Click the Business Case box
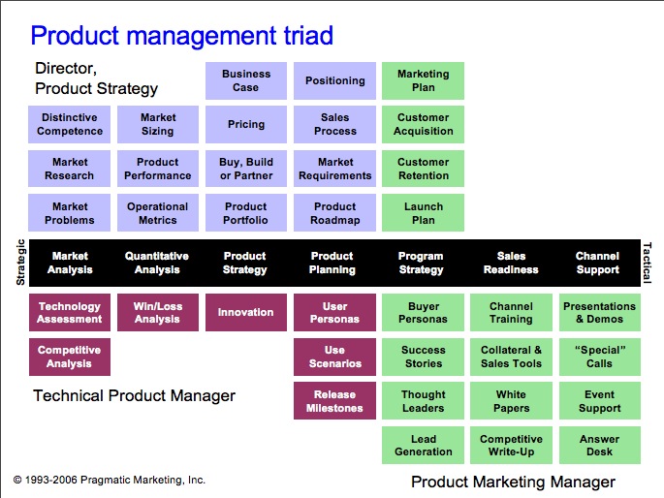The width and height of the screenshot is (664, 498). click(x=246, y=80)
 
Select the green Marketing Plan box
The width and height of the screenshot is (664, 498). click(x=423, y=80)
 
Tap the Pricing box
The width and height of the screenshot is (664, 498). click(x=246, y=124)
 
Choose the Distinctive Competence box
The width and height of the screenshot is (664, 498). click(x=70, y=124)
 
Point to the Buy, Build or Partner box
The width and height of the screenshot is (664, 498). click(x=246, y=169)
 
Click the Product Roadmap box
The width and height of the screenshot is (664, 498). click(x=335, y=213)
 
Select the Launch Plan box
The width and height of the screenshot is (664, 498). click(x=423, y=213)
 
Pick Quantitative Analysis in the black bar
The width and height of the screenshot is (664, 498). click(x=157, y=263)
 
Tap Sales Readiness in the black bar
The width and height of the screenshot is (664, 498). click(x=511, y=263)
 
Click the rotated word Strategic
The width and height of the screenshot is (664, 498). click(x=20, y=262)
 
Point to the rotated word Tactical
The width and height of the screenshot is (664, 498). click(x=647, y=263)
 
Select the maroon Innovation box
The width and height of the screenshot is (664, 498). click(x=246, y=312)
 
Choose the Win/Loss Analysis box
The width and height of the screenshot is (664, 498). click(x=158, y=312)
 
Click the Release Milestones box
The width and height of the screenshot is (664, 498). click(x=335, y=401)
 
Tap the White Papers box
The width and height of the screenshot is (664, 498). click(x=511, y=401)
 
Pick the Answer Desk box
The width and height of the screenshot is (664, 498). click(x=600, y=445)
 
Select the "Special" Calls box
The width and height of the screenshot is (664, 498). click(x=600, y=357)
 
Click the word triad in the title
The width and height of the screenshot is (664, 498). click(x=308, y=35)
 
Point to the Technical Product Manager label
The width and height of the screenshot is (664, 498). click(x=134, y=395)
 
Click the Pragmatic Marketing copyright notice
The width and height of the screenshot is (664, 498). click(x=110, y=480)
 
